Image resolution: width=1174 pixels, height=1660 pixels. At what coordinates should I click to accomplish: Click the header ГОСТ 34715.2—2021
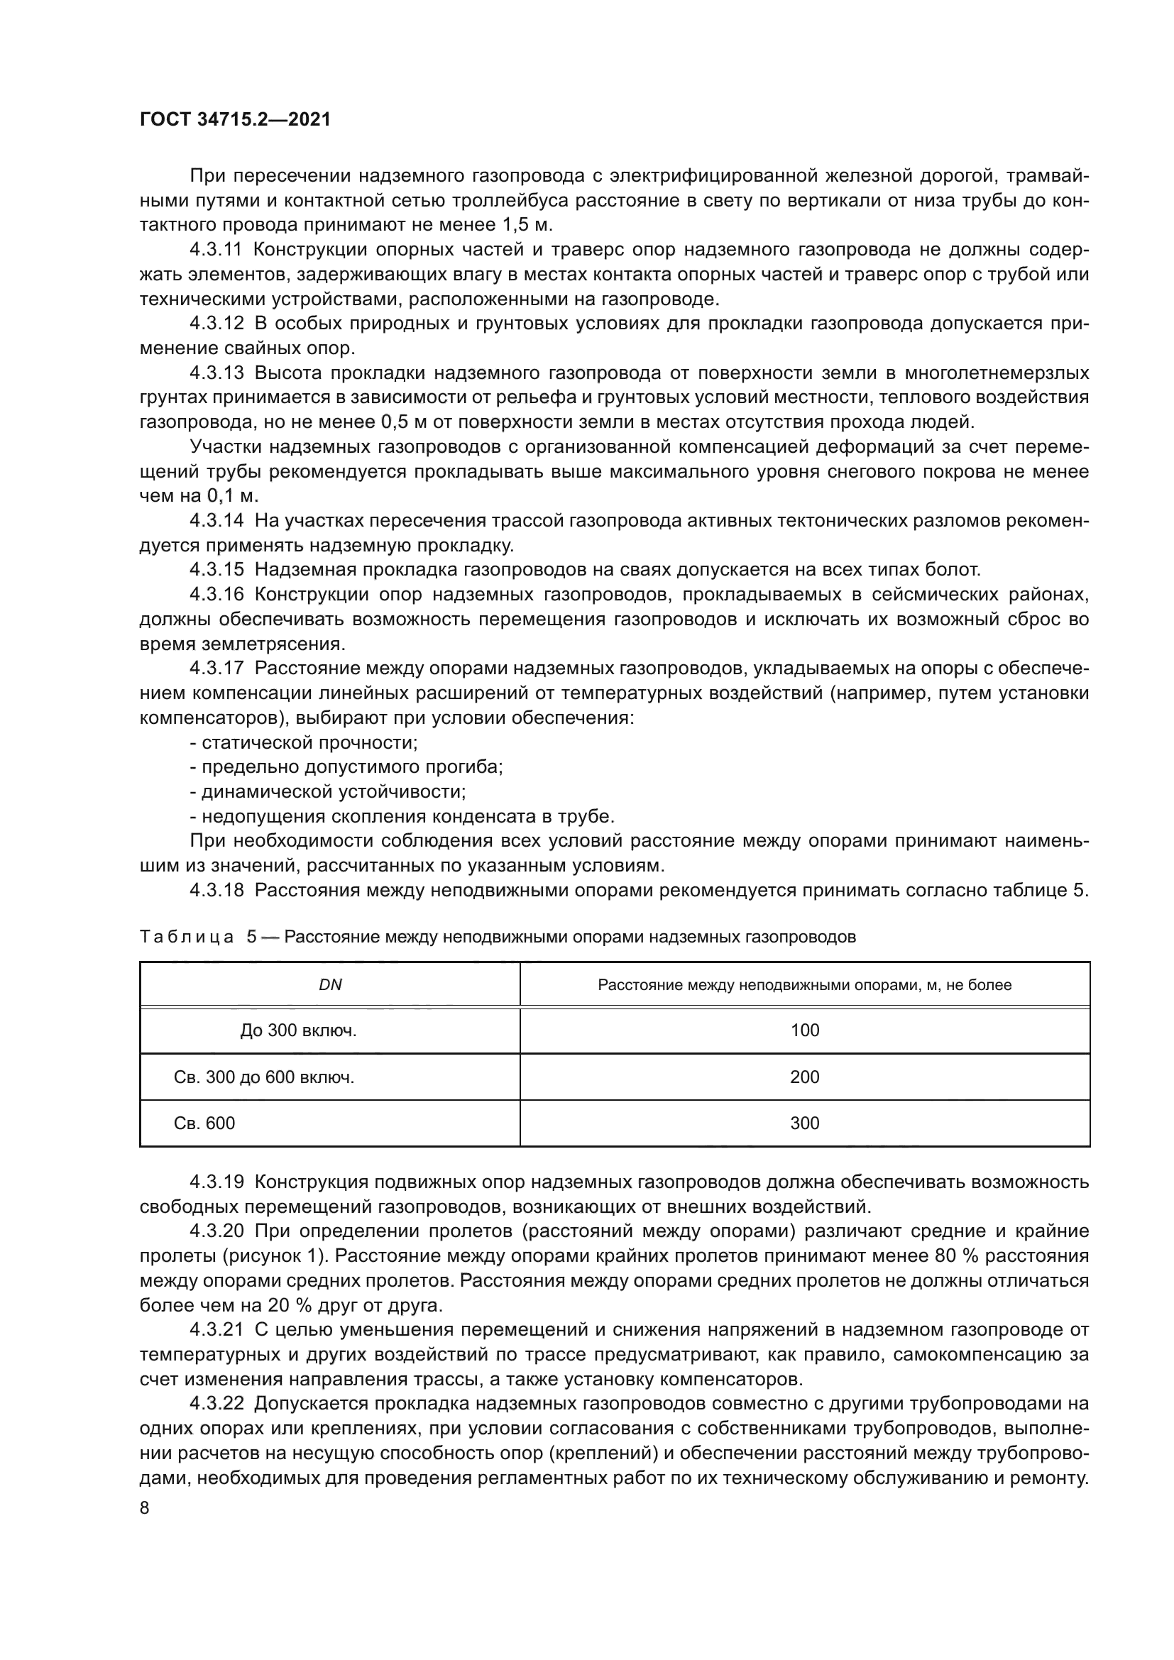point(235,120)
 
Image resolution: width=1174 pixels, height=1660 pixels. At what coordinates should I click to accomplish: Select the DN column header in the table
point(330,986)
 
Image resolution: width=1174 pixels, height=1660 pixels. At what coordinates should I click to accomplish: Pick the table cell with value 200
point(805,1077)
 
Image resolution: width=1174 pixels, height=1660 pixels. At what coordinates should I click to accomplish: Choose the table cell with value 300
point(805,1123)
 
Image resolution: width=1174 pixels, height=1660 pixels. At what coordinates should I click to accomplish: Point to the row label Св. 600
point(204,1123)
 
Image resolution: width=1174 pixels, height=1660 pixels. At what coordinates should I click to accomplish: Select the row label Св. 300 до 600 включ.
point(264,1077)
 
